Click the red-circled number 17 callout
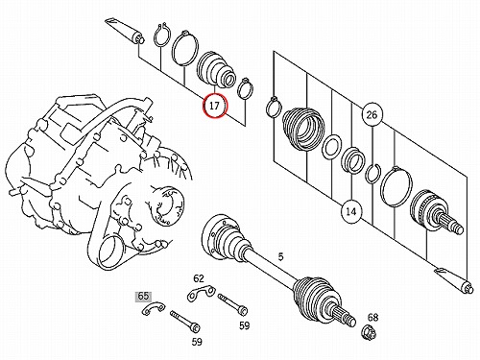tap(215, 106)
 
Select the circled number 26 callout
tap(372, 114)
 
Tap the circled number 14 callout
tap(351, 211)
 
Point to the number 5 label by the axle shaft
tap(280, 256)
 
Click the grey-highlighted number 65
tap(143, 296)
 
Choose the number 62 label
tap(199, 278)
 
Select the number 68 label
tap(372, 318)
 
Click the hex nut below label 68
tap(369, 333)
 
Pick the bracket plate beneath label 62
tap(201, 293)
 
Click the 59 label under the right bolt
tap(244, 325)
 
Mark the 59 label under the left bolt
tap(197, 342)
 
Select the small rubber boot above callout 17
tap(216, 68)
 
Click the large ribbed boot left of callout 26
tap(303, 130)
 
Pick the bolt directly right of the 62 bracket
tap(232, 304)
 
